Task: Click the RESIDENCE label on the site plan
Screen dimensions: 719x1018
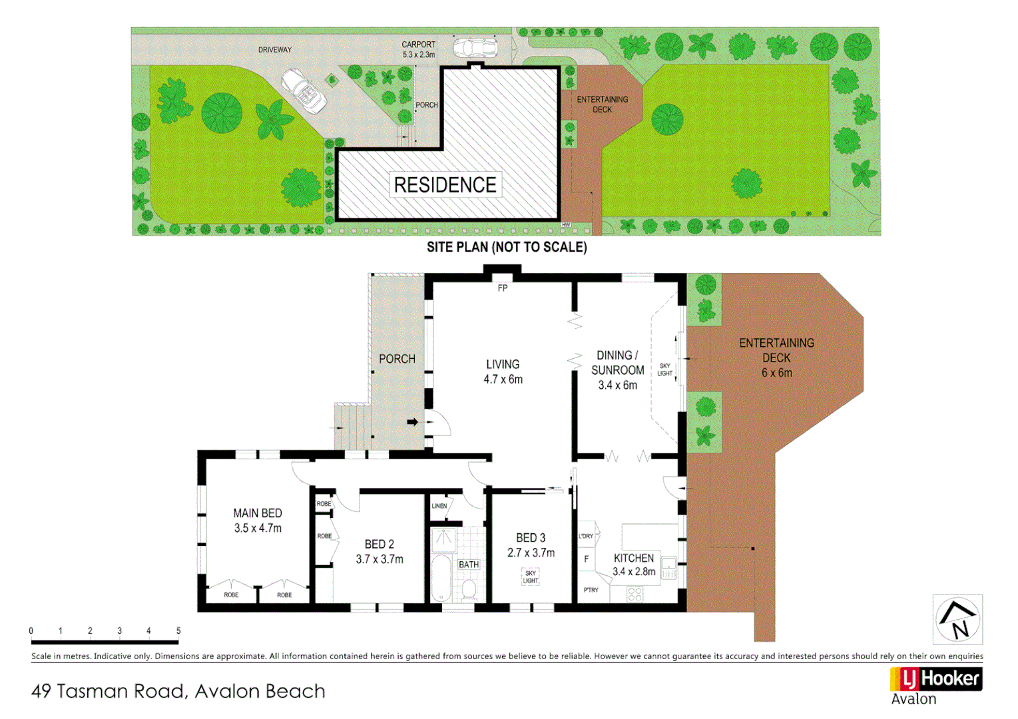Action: [x=445, y=185]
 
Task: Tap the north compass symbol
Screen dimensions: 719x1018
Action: [x=957, y=620]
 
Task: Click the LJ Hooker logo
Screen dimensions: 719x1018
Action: [x=936, y=679]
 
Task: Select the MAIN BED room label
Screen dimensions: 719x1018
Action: [x=258, y=513]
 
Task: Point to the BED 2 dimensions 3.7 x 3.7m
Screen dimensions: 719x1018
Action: [x=380, y=559]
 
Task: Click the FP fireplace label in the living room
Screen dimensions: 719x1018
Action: [x=503, y=288]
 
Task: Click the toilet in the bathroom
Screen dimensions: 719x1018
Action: [x=469, y=589]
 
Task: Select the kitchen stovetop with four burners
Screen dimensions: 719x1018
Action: [x=635, y=594]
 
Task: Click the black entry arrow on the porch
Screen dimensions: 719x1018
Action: [x=413, y=422]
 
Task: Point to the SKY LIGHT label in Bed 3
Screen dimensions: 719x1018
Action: [x=531, y=577]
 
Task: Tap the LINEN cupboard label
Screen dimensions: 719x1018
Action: [x=439, y=506]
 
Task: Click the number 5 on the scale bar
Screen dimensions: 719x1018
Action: [x=178, y=630]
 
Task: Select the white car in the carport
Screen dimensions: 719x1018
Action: [x=475, y=49]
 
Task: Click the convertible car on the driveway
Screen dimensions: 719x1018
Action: [x=304, y=91]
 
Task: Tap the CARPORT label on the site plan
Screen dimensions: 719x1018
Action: [x=418, y=45]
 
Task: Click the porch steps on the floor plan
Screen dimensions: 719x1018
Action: [x=352, y=427]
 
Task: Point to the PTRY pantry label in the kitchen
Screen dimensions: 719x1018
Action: [x=591, y=590]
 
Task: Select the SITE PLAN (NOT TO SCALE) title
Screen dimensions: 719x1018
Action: [x=507, y=248]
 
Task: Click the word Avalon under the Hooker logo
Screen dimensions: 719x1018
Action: [x=913, y=699]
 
